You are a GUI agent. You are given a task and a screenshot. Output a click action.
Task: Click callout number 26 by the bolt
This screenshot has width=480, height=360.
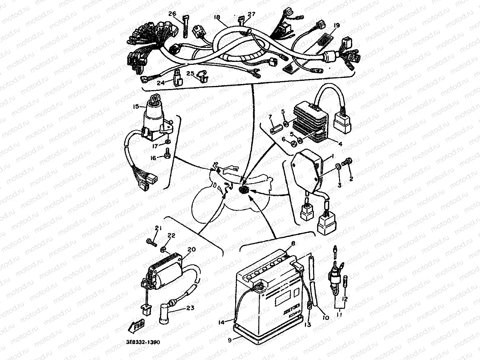coord(172,14)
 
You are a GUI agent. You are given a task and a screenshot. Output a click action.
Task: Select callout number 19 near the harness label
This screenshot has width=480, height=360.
coord(336,25)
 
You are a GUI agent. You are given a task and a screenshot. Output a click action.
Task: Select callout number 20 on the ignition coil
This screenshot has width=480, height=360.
coord(191,250)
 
